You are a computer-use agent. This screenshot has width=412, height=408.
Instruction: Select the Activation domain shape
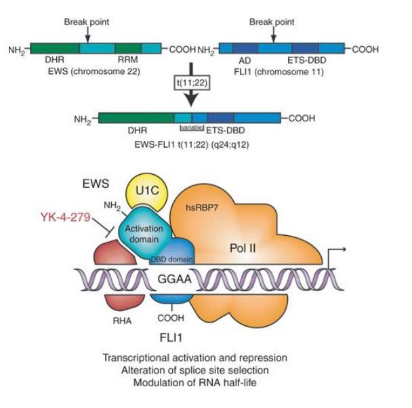click(142, 232)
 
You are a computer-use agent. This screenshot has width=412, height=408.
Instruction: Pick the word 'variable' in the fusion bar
click(191, 127)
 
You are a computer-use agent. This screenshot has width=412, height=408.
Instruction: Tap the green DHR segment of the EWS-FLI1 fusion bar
click(136, 117)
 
